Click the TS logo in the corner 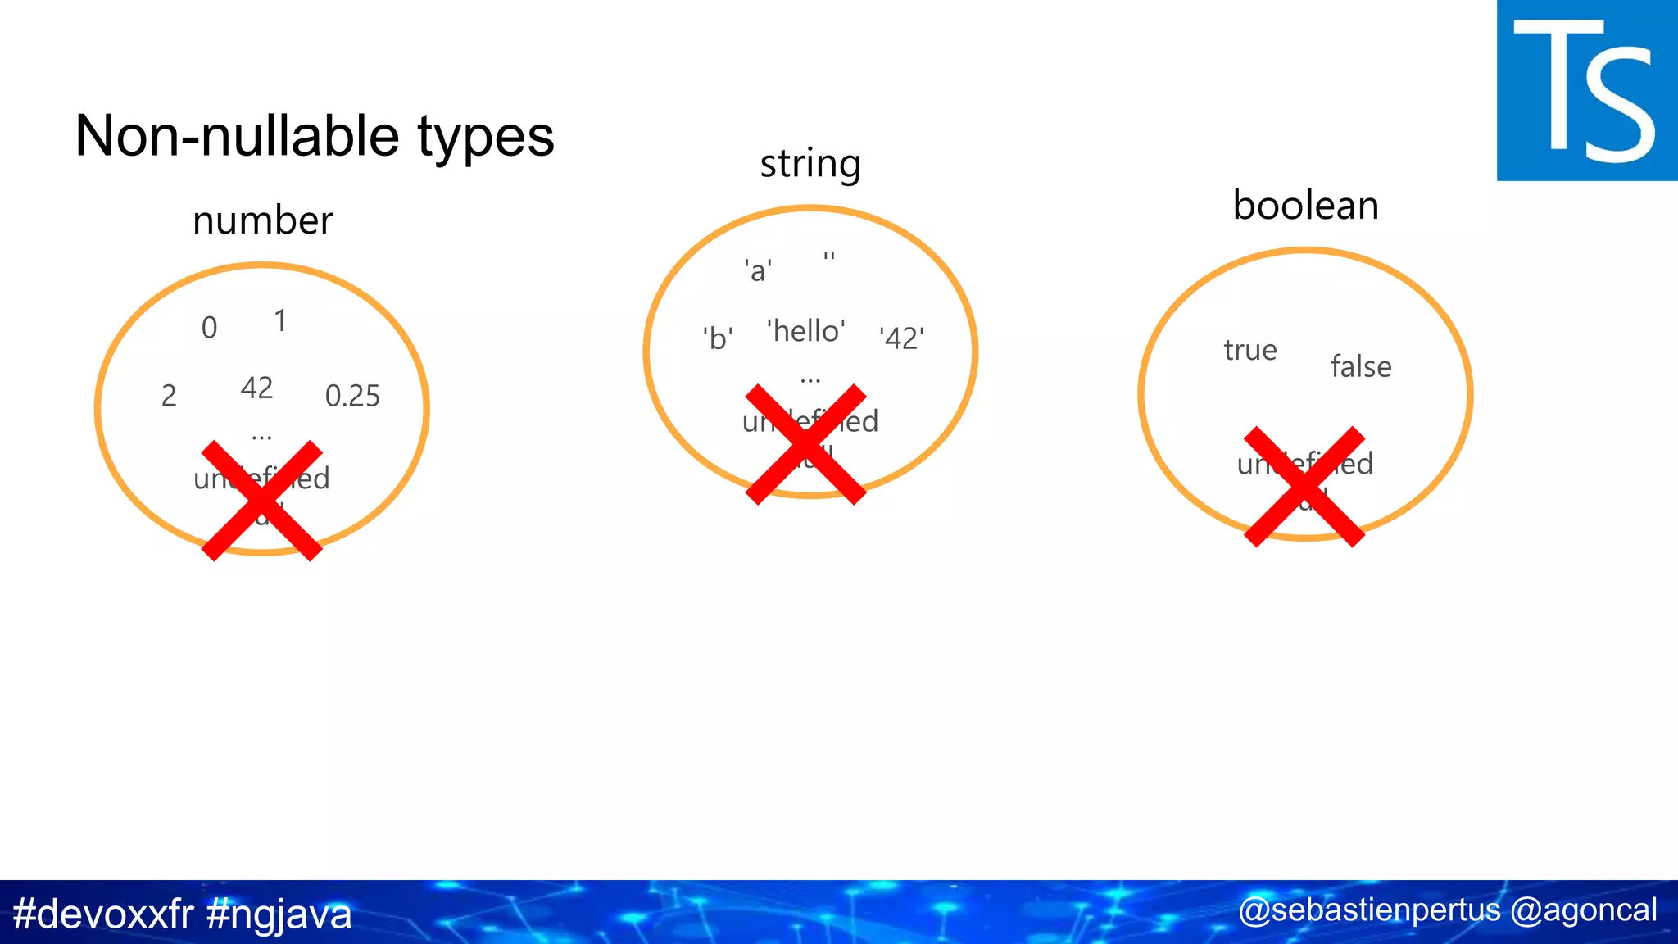click(1586, 90)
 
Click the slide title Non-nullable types click(315, 136)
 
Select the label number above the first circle click(263, 220)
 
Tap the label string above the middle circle click(810, 164)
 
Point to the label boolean click(1306, 206)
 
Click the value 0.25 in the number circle click(352, 396)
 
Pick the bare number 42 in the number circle click(256, 388)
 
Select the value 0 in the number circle click(210, 328)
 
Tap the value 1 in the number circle click(280, 321)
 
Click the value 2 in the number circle click(169, 396)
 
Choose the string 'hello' click(806, 331)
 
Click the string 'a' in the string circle click(758, 270)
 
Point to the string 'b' click(718, 338)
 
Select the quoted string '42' click(901, 338)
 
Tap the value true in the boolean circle click(1250, 351)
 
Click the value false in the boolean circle click(1361, 366)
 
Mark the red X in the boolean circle click(1304, 487)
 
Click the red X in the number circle click(262, 501)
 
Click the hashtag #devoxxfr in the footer click(103, 914)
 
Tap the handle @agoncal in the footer click(1583, 910)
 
